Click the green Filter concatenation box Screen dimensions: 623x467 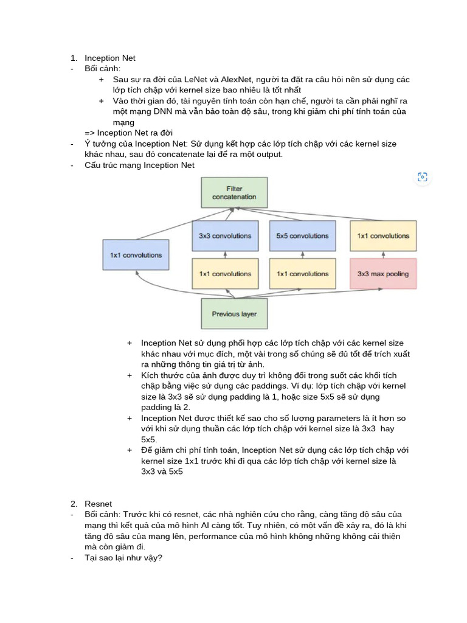pyautogui.click(x=234, y=192)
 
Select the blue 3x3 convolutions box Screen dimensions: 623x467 pyautogui.click(x=224, y=235)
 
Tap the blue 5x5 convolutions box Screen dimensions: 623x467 pyautogui.click(x=302, y=235)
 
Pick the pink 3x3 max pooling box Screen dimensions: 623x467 pyautogui.click(x=383, y=274)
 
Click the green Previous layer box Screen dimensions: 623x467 pyautogui.click(x=234, y=314)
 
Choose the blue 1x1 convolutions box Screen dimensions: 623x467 pyautogui.click(x=136, y=255)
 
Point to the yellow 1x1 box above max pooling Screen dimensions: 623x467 pyautogui.click(x=383, y=235)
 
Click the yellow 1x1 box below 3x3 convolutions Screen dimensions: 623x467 pyautogui.click(x=224, y=274)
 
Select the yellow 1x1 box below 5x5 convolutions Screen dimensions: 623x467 pyautogui.click(x=302, y=274)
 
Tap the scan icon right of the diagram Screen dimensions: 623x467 pyautogui.click(x=423, y=177)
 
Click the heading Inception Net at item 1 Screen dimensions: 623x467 pyautogui.click(x=110, y=58)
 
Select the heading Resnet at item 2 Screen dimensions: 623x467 pyautogui.click(x=99, y=504)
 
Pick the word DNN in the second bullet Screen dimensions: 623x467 pyautogui.click(x=159, y=111)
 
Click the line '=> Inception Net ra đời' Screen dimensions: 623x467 pyautogui.click(x=129, y=133)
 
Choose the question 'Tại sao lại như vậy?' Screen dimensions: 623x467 pyautogui.click(x=123, y=557)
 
